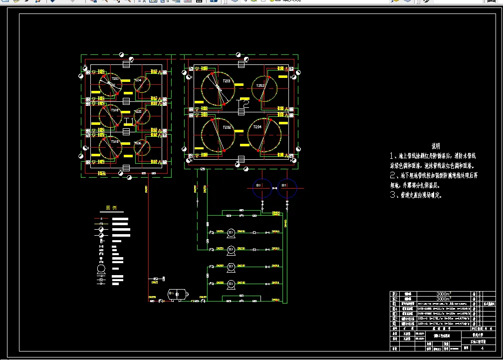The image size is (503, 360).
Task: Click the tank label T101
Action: click(x=115, y=79)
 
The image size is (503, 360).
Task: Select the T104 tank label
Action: click(x=138, y=80)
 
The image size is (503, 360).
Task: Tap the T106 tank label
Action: click(x=138, y=143)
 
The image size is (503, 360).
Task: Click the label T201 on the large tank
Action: click(x=227, y=81)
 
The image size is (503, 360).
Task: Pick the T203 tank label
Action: click(x=260, y=86)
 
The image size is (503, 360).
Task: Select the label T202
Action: click(x=227, y=128)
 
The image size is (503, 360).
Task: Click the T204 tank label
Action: click(x=257, y=127)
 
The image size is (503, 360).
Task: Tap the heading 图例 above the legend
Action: click(x=110, y=208)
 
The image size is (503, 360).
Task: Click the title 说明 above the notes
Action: click(x=436, y=146)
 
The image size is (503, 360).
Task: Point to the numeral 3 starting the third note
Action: click(x=393, y=195)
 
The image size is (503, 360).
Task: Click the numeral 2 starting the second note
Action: click(x=393, y=176)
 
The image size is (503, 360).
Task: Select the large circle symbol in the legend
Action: click(x=101, y=270)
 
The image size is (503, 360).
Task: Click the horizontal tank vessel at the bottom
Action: click(x=177, y=294)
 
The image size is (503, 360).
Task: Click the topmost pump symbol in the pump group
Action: click(x=231, y=233)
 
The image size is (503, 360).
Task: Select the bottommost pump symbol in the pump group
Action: click(x=231, y=284)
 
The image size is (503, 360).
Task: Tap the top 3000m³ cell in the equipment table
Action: click(x=443, y=294)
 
